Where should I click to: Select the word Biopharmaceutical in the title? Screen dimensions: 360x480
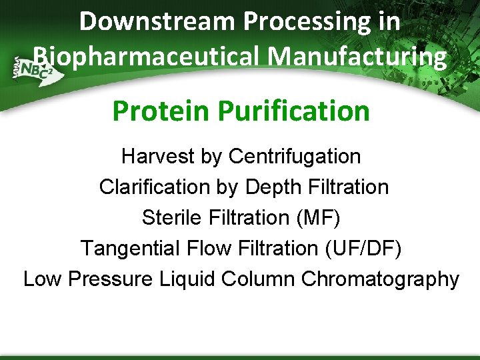pyautogui.click(x=140, y=57)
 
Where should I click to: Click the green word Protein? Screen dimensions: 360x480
pyautogui.click(x=157, y=111)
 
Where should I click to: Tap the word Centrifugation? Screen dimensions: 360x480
pyautogui.click(x=294, y=157)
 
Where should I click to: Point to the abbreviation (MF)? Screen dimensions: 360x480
pyautogui.click(x=317, y=218)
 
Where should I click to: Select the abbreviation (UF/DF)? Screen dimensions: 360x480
pyautogui.click(x=363, y=249)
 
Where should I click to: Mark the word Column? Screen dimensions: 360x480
pyautogui.click(x=258, y=279)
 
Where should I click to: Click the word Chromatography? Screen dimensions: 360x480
pyautogui.click(x=380, y=279)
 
